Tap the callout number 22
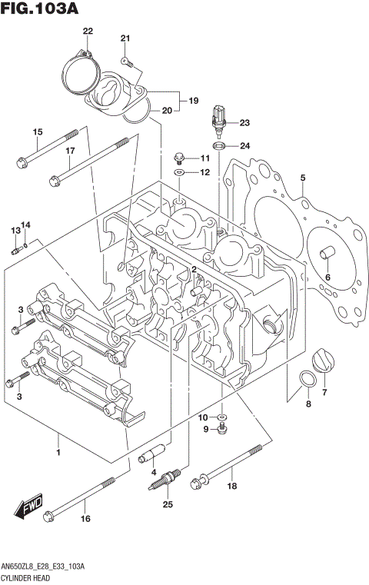pos(88,31)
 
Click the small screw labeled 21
pos(127,59)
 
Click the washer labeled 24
pos(218,145)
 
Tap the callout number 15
pos(37,132)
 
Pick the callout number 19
pos(193,100)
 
